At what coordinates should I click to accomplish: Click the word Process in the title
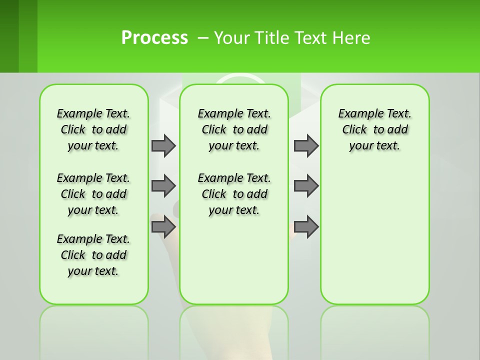[154, 38]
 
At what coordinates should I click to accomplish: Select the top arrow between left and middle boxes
[163, 145]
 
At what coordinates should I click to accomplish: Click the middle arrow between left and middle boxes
[163, 186]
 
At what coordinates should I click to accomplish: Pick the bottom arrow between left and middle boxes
[163, 227]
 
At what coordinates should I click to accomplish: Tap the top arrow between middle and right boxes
[306, 145]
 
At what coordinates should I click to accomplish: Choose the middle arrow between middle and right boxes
[306, 186]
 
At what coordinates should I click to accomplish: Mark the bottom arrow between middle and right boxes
[306, 227]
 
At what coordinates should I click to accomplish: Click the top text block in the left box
[93, 129]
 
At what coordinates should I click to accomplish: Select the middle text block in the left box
[93, 194]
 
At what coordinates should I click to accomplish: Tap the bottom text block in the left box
[93, 255]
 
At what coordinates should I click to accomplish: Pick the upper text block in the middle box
[234, 129]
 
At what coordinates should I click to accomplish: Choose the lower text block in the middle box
[234, 194]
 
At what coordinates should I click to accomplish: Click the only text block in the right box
[374, 129]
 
